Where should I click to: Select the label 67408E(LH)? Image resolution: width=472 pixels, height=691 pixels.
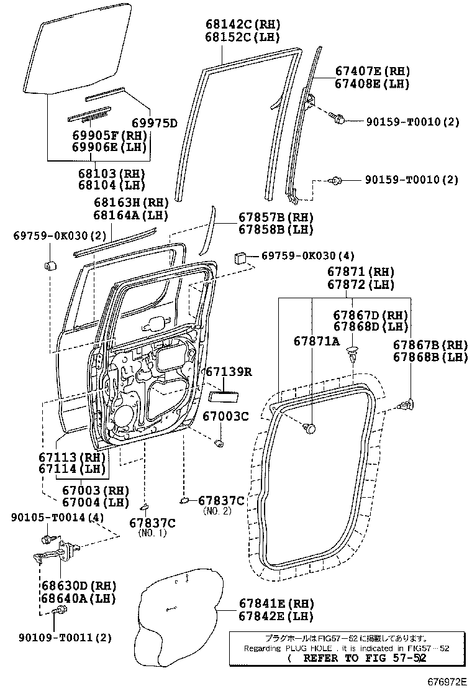click(371, 85)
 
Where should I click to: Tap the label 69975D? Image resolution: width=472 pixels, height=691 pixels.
click(153, 122)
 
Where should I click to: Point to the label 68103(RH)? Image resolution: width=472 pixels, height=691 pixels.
click(111, 173)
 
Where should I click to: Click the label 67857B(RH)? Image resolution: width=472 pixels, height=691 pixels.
click(276, 217)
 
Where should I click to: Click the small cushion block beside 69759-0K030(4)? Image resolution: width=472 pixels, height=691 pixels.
click(242, 257)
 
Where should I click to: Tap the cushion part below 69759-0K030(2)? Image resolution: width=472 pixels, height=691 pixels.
click(50, 266)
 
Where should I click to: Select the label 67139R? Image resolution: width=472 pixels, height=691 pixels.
click(228, 372)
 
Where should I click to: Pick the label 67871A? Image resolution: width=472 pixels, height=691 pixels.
click(316, 341)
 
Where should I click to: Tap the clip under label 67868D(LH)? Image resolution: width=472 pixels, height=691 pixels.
click(354, 355)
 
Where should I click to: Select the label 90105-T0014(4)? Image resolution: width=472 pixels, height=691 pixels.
click(57, 518)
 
